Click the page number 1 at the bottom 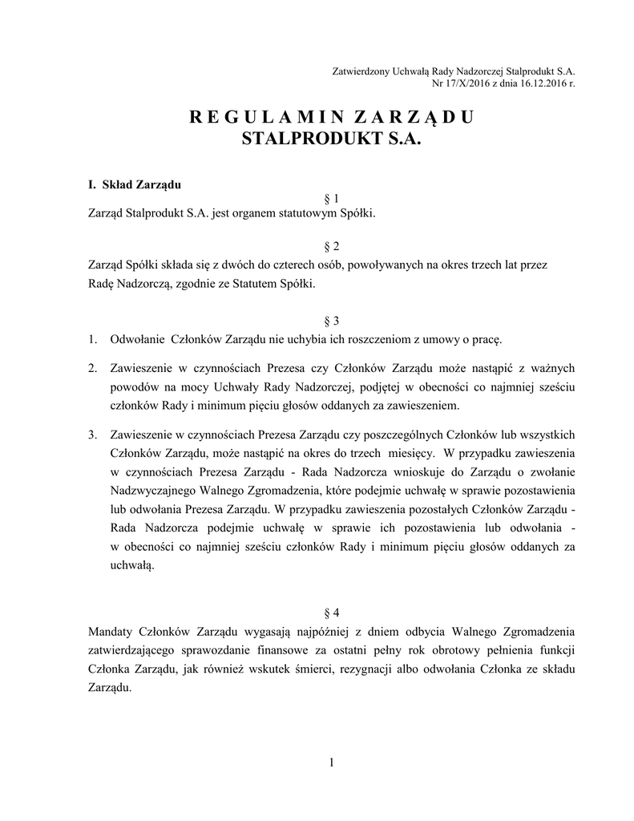tap(330, 762)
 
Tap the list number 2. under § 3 tap(93, 368)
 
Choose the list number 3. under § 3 tap(93, 435)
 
